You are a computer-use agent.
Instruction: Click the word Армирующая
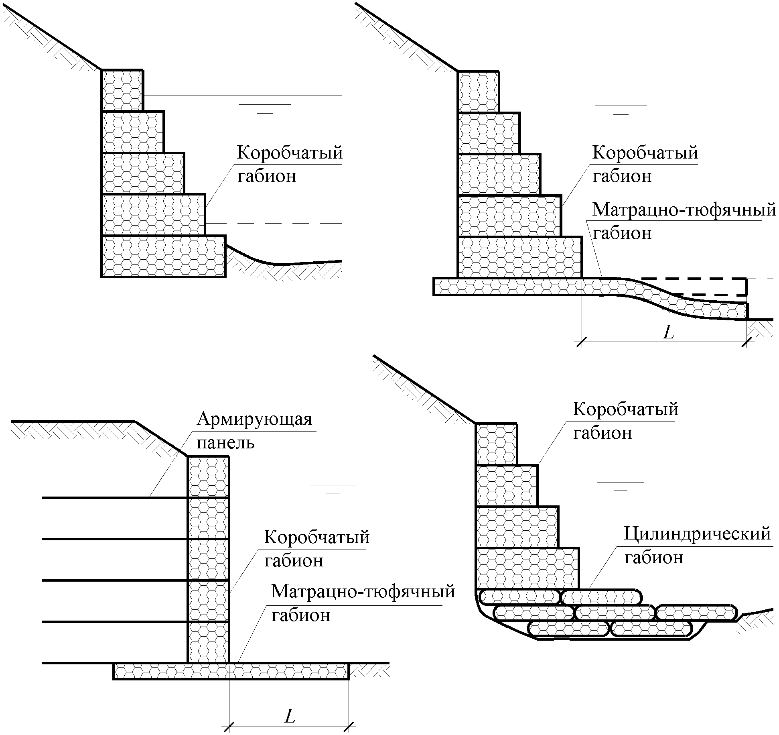pyautogui.click(x=254, y=419)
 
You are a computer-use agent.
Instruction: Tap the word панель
pyautogui.click(x=225, y=443)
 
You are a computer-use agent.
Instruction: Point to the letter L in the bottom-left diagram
pyautogui.click(x=290, y=716)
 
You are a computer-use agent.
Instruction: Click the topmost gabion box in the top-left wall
pyautogui.click(x=122, y=90)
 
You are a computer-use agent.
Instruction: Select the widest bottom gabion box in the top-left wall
pyautogui.click(x=163, y=256)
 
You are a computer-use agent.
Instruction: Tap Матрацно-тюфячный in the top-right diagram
pyautogui.click(x=684, y=210)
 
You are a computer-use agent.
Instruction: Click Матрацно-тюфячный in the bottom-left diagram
pyautogui.click(x=363, y=592)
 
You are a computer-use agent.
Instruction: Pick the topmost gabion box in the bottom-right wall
pyautogui.click(x=496, y=444)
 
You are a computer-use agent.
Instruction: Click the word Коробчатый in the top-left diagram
pyautogui.click(x=290, y=153)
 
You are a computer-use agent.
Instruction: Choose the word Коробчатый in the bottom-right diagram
pyautogui.click(x=625, y=409)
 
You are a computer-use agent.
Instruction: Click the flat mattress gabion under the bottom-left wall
pyautogui.click(x=231, y=671)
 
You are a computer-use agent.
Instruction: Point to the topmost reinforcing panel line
pyautogui.click(x=115, y=498)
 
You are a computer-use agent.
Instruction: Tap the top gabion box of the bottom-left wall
pyautogui.click(x=208, y=477)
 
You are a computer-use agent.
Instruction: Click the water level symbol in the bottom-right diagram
pyautogui.click(x=620, y=486)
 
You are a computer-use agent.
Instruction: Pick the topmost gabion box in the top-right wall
pyautogui.click(x=478, y=92)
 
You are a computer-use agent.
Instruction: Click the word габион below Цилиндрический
pyautogui.click(x=654, y=558)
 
